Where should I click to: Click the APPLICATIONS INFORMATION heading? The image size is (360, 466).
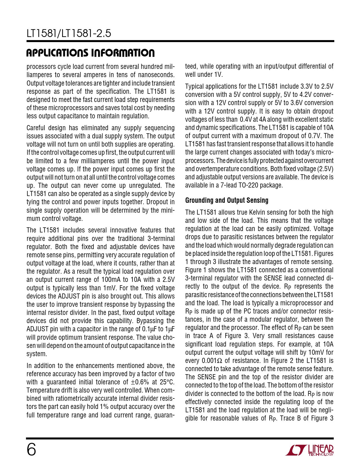[x=91, y=53]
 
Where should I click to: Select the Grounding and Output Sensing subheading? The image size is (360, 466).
[x=227, y=200]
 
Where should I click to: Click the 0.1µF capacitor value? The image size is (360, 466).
[x=151, y=329]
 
